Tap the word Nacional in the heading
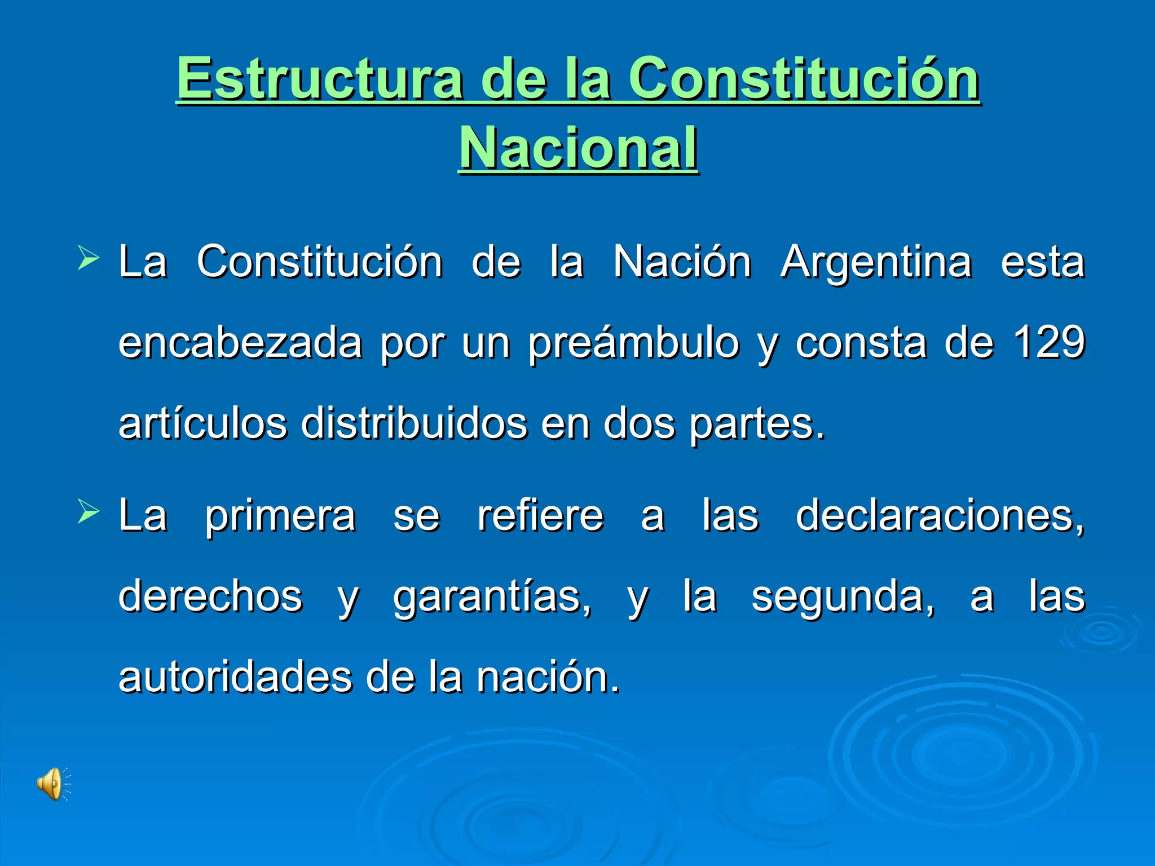(x=579, y=148)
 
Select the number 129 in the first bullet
(x=1049, y=342)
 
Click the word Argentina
(x=876, y=262)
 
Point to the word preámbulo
(x=633, y=343)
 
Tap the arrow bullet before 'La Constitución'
(x=89, y=258)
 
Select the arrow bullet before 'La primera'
(x=89, y=512)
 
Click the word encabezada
(x=240, y=343)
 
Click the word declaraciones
(x=940, y=516)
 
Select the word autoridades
(x=235, y=677)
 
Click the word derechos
(x=210, y=597)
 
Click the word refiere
(x=540, y=516)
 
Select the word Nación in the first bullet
(x=682, y=262)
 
